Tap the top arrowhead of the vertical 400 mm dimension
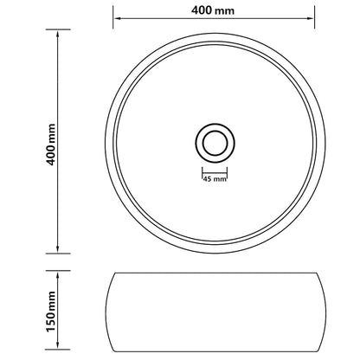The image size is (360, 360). tap(58, 33)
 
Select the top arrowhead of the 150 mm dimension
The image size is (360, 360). tap(58, 273)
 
